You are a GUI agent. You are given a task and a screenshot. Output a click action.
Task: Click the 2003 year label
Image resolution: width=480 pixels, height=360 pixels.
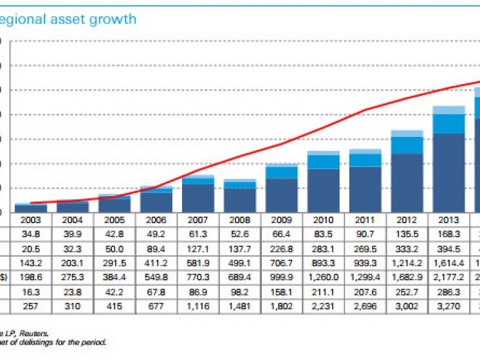pyautogui.click(x=32, y=219)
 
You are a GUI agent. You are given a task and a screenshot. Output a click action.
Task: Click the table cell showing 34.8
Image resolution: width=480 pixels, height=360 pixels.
pyautogui.click(x=32, y=233)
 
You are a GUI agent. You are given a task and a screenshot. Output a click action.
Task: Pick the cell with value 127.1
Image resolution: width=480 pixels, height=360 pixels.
pyautogui.click(x=199, y=248)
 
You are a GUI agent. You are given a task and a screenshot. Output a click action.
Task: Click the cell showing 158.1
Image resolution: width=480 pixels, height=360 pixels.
pyautogui.click(x=282, y=292)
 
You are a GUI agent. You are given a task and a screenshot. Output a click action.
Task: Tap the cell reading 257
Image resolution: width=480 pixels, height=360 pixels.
pyautogui.click(x=32, y=307)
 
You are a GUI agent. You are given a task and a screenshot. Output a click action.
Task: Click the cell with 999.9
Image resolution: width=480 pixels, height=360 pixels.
pyautogui.click(x=282, y=278)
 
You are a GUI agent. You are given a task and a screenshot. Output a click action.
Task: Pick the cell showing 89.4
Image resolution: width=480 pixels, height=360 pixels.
pyautogui.click(x=157, y=248)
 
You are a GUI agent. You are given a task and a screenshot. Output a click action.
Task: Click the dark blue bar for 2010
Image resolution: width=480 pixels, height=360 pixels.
pyautogui.click(x=324, y=190)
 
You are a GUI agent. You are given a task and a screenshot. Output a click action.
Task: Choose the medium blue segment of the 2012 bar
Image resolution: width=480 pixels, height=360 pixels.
pyautogui.click(x=407, y=145)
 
